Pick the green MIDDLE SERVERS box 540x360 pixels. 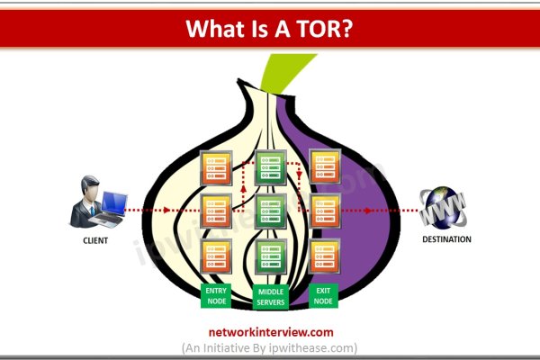pos(271,296)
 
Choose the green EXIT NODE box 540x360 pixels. pos(324,296)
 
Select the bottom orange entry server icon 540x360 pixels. pos(216,256)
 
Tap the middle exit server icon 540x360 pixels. pos(324,211)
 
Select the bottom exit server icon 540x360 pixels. pos(324,256)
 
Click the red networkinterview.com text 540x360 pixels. pos(270,330)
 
